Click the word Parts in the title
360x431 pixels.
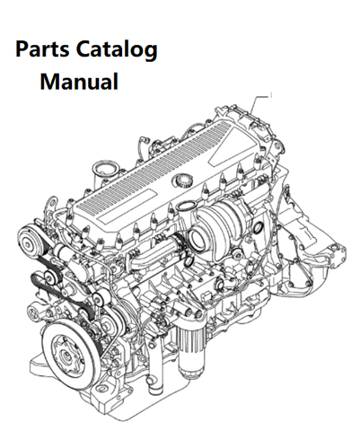pos(42,49)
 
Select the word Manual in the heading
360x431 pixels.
pos(79,81)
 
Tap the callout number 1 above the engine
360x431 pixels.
pos(271,95)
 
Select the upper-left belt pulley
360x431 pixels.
pos(29,244)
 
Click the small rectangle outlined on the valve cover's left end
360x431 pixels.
pos(112,215)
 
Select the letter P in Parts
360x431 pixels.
pos(21,49)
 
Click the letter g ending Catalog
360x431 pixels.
pos(152,52)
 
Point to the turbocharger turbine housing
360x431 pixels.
pos(231,217)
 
